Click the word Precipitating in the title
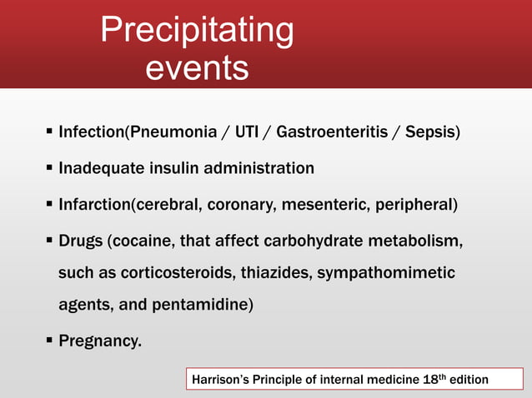[197, 31]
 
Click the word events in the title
[197, 67]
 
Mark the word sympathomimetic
[381, 272]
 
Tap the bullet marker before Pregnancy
[49, 340]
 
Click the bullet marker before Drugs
[49, 240]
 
